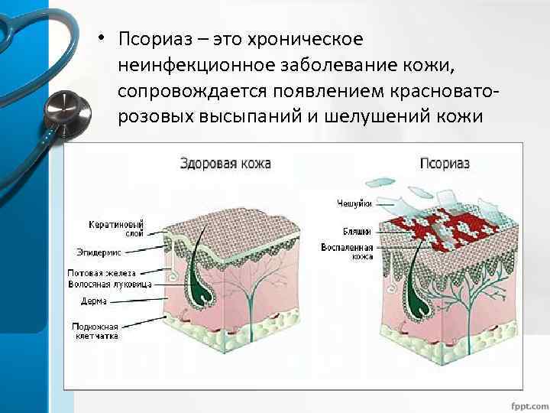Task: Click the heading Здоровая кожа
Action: pos(225,163)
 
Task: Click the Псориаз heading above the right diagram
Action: pos(445,163)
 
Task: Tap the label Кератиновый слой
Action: pos(121,228)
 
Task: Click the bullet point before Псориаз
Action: pos(100,39)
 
